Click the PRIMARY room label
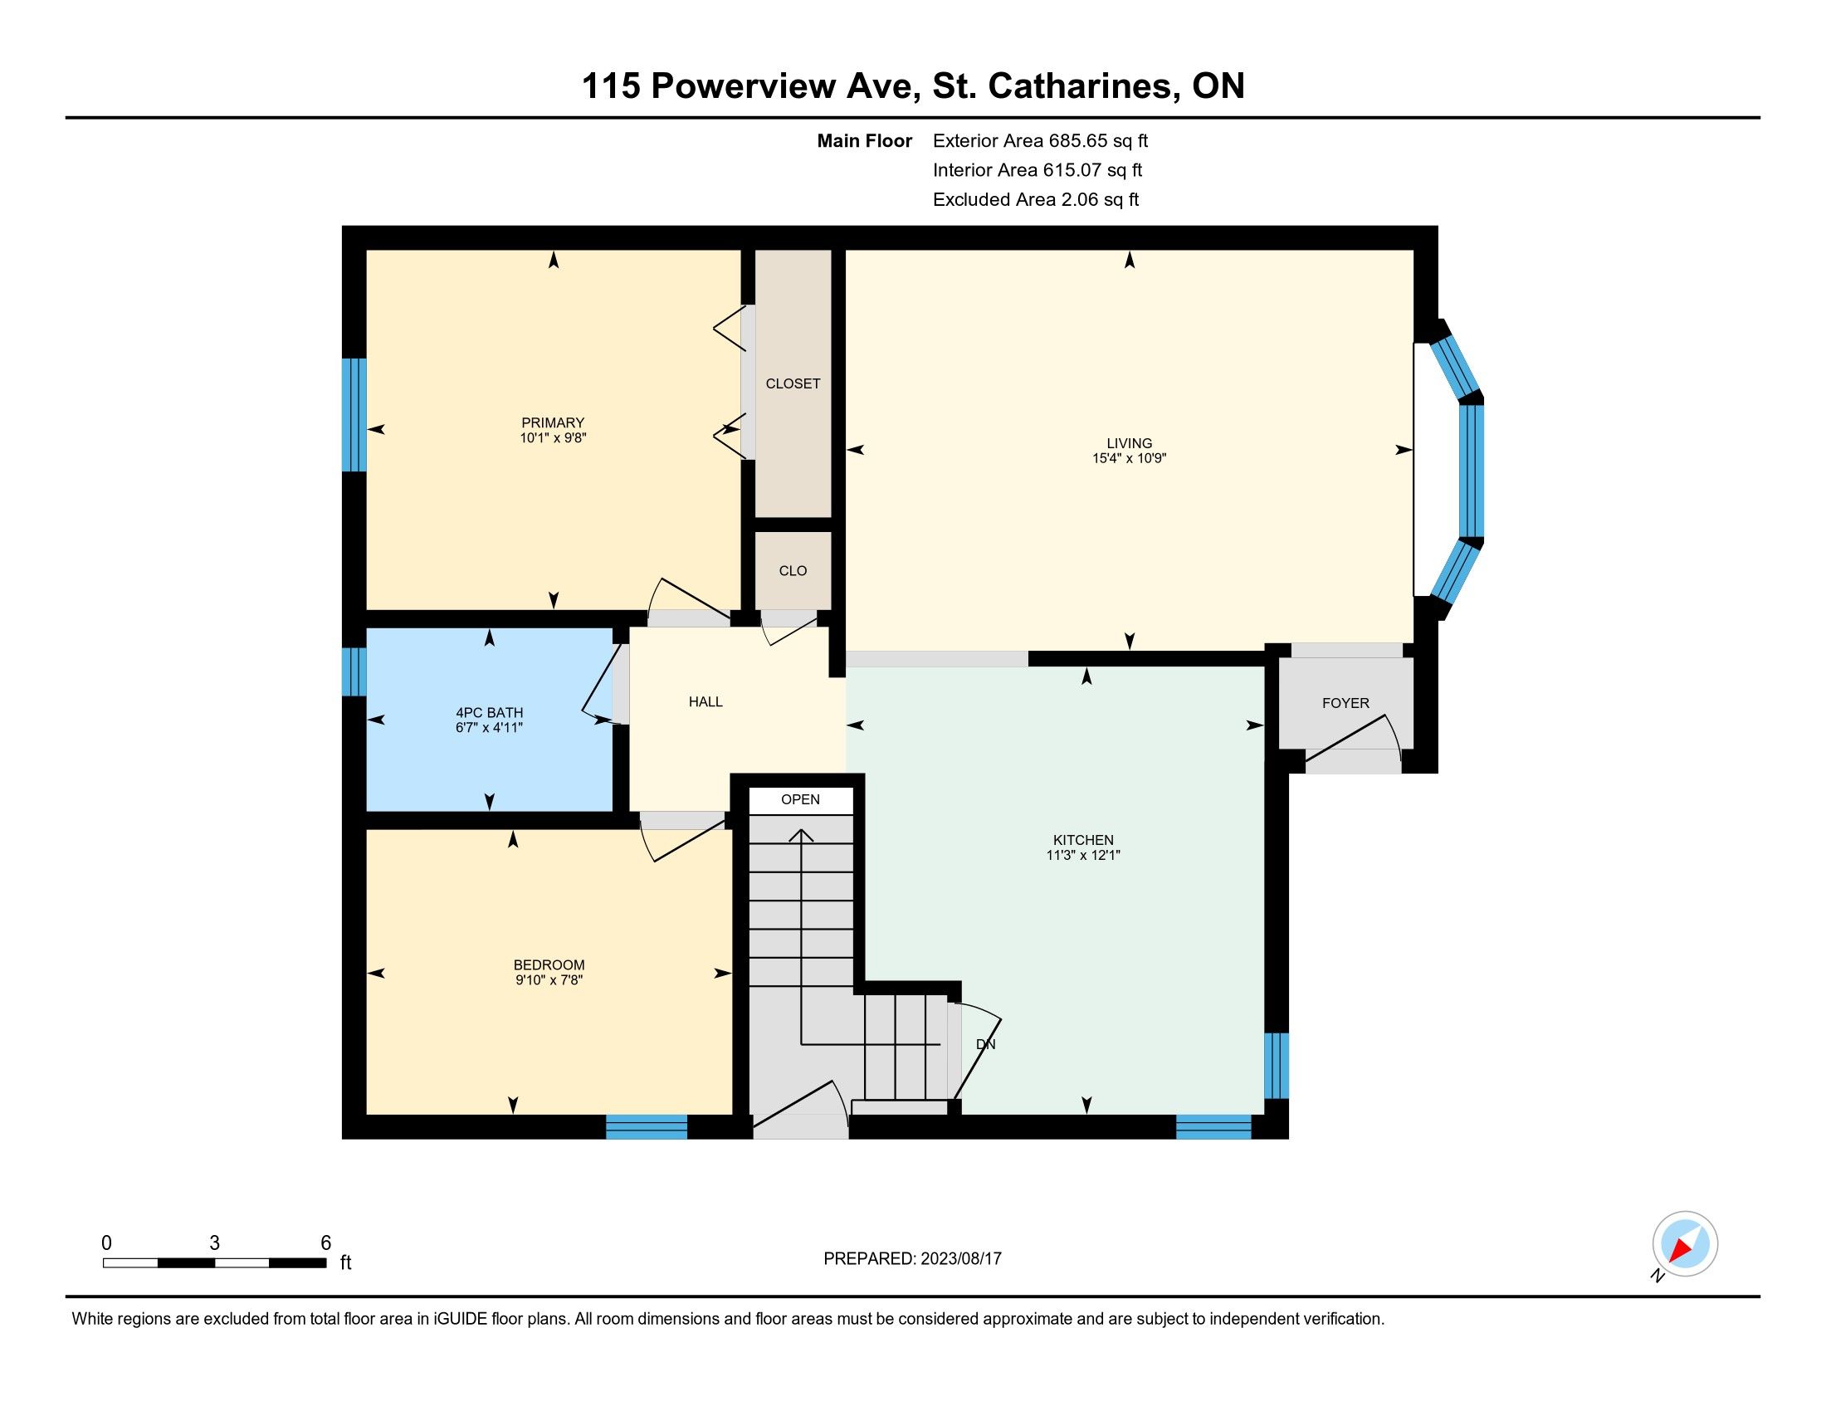553,423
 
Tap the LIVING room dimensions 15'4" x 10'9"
1129,458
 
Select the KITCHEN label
1082,840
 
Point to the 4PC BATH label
489,713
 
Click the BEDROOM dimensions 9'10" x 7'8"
549,979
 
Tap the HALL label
705,702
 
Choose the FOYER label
1345,704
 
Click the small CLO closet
793,571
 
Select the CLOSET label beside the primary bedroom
793,383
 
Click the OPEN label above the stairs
800,800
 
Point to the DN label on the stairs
986,1045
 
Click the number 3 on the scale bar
215,1243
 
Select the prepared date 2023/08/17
959,1259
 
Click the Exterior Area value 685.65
1071,141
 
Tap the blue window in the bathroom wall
354,671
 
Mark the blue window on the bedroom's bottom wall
647,1127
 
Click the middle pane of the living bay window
1472,471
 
